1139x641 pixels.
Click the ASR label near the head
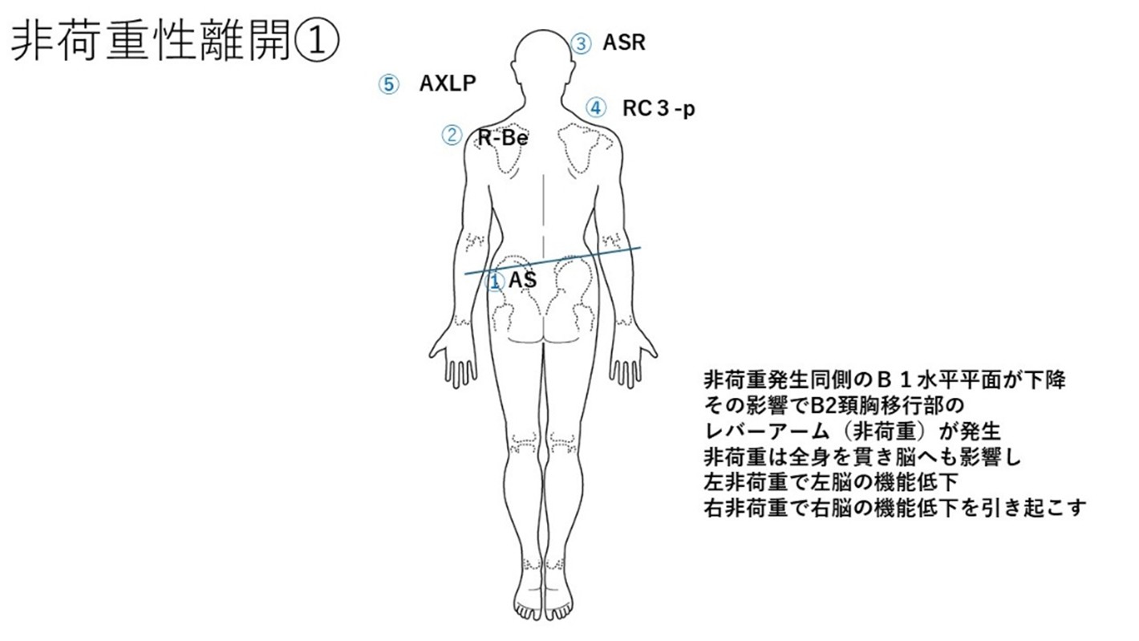point(624,43)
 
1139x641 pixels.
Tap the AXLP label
point(448,83)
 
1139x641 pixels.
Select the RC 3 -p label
point(659,108)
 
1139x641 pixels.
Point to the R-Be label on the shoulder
point(503,137)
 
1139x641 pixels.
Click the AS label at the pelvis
point(523,280)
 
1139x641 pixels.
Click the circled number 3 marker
point(581,43)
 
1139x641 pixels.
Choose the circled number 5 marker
point(389,84)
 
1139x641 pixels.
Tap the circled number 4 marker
point(595,108)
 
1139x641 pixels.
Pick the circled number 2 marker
point(452,136)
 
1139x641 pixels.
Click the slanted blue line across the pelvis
point(552,261)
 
